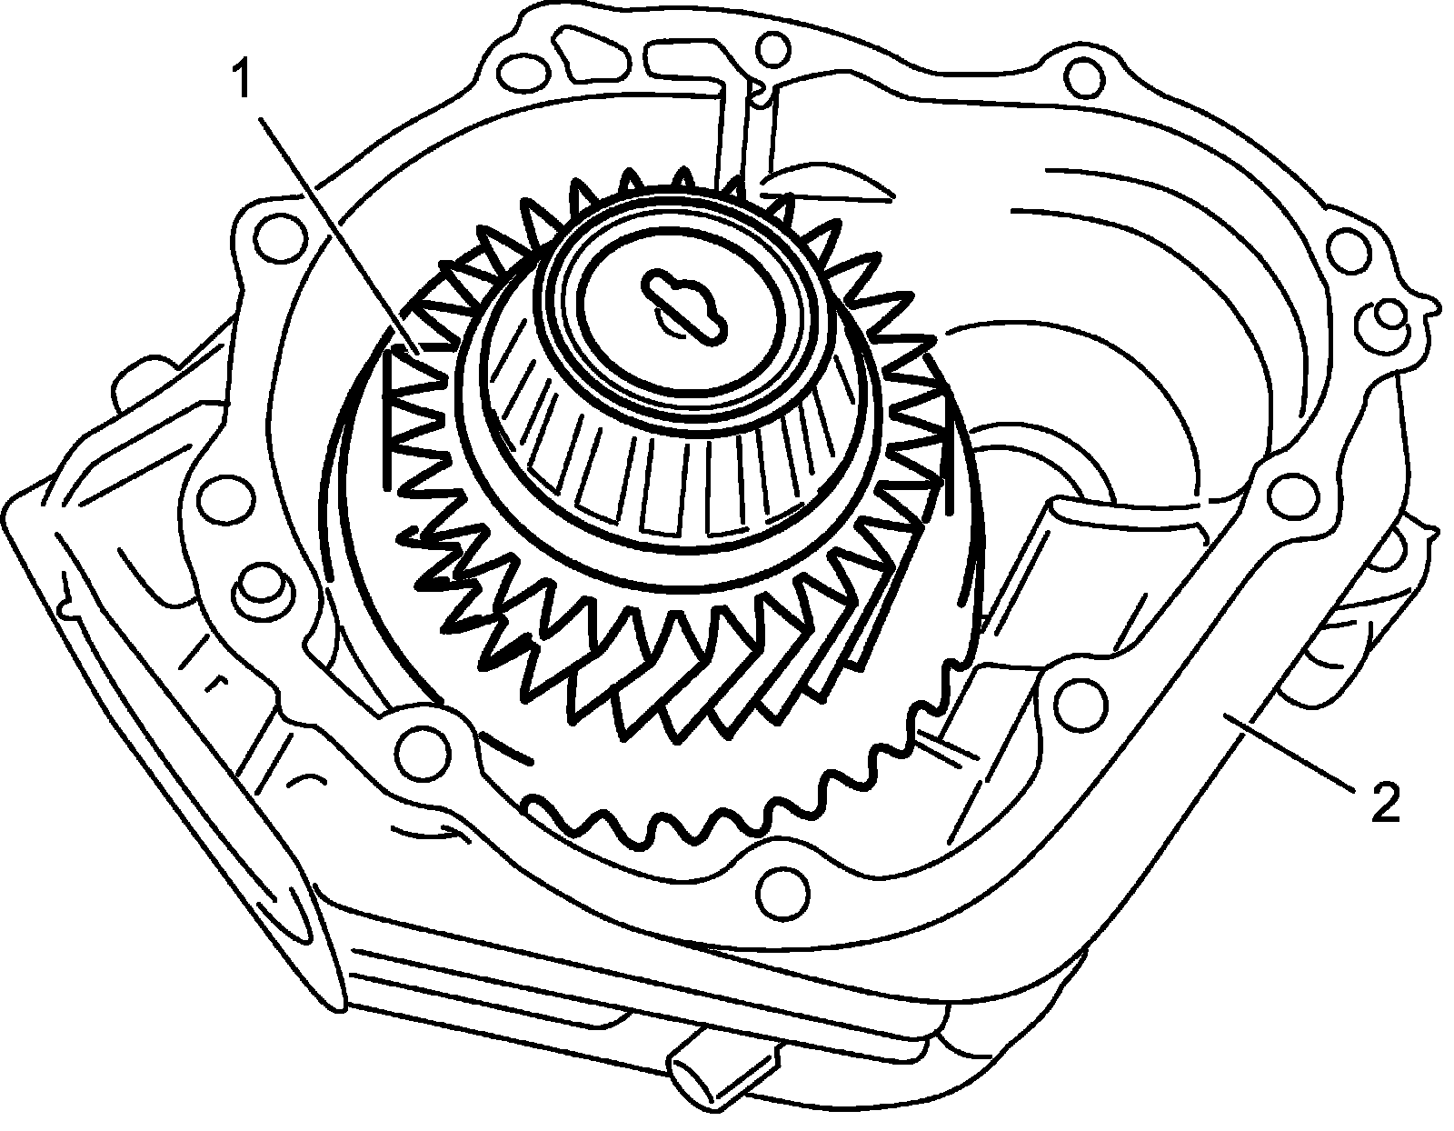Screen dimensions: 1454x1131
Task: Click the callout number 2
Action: [1384, 804]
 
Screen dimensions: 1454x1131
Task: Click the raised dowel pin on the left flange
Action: [263, 587]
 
